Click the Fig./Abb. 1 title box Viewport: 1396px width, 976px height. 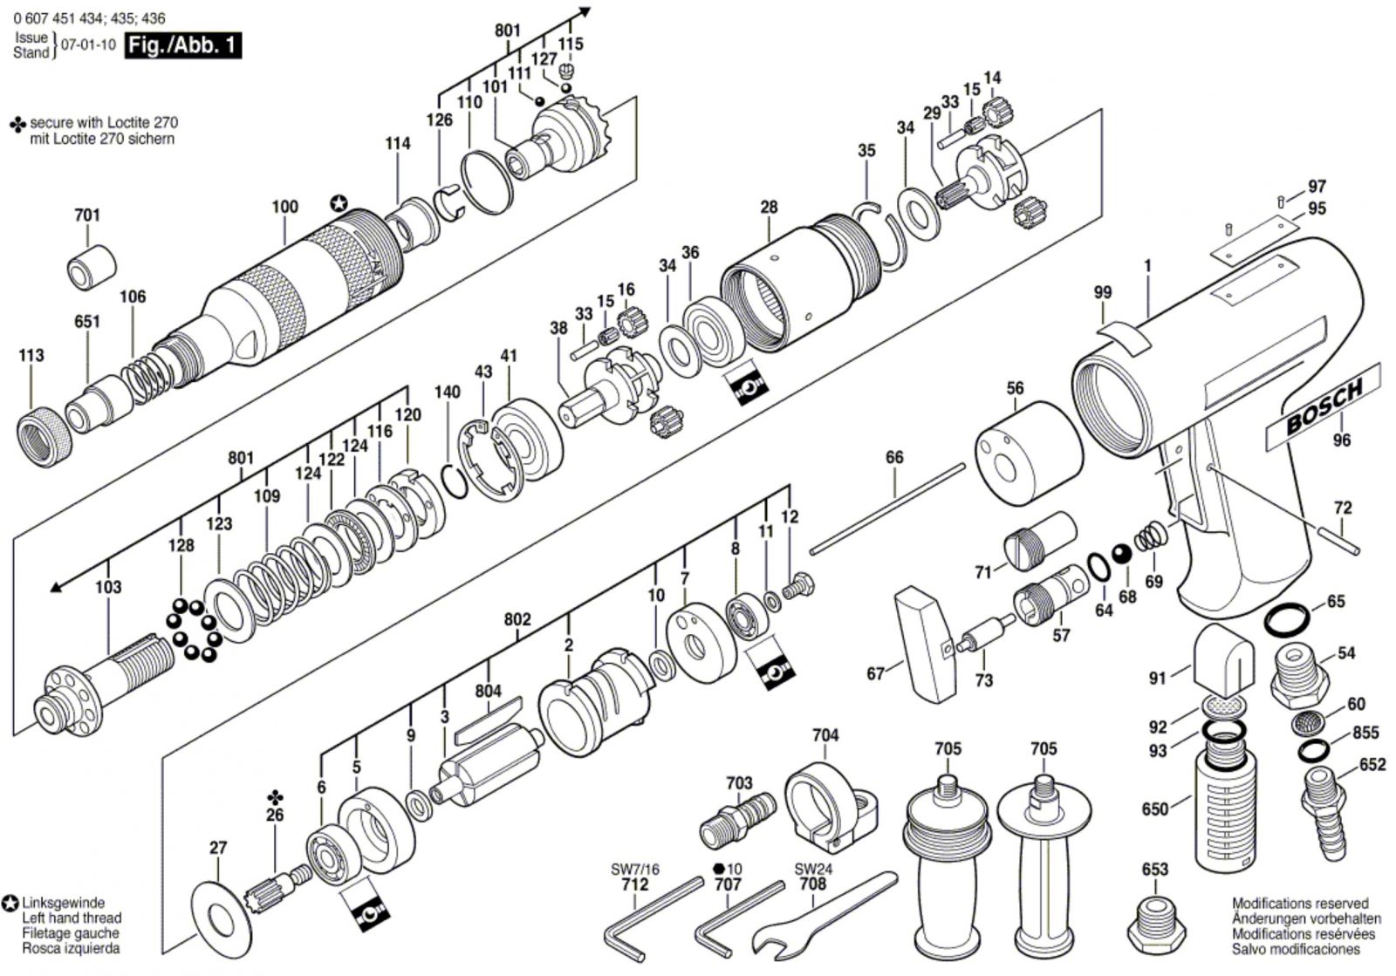point(182,45)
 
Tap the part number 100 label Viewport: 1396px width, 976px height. point(284,208)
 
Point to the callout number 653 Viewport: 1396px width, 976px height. point(1154,870)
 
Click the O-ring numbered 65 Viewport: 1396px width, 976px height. point(1287,620)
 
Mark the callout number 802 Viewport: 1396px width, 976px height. point(517,619)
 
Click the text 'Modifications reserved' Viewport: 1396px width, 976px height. point(1300,904)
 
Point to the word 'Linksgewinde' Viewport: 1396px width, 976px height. point(64,903)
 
